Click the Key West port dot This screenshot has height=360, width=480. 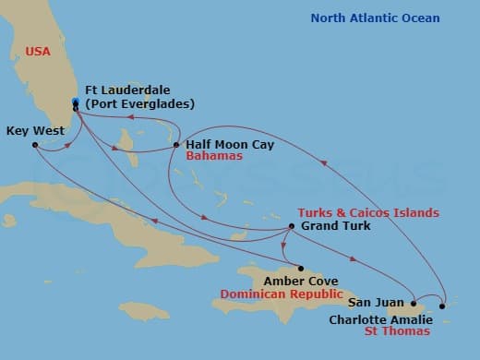(35, 145)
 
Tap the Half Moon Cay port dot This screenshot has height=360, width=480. (176, 145)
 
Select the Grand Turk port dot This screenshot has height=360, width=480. (291, 226)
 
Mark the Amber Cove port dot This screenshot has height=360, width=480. (300, 268)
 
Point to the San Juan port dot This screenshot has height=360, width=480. (413, 303)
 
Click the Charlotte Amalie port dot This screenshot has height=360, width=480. (443, 306)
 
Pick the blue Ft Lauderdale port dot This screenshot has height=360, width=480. (75, 102)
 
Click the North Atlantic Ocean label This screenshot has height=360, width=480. (375, 18)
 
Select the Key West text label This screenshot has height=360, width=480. (35, 131)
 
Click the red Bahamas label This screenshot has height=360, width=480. (214, 157)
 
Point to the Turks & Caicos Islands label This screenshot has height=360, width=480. (368, 213)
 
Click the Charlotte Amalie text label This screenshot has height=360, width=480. (378, 320)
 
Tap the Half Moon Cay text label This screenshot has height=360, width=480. (230, 145)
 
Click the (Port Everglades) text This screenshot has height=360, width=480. (138, 103)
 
